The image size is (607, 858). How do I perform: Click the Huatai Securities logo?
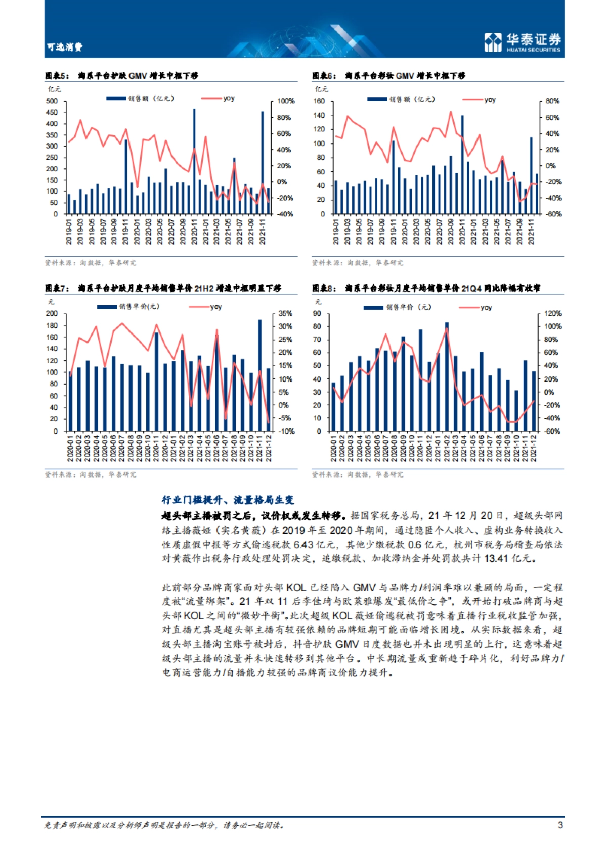523,42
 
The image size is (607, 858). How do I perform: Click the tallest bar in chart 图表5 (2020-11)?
194,162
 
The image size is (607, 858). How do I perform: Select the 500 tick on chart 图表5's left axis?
52,101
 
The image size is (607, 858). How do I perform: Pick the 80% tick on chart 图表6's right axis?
552,101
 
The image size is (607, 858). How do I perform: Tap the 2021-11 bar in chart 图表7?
259,375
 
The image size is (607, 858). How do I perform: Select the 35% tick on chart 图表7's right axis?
286,314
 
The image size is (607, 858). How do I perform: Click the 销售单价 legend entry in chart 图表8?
398,307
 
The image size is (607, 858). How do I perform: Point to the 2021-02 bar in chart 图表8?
447,376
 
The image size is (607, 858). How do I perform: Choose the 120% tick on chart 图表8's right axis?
553,314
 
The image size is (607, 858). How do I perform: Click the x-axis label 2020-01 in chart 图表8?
333,448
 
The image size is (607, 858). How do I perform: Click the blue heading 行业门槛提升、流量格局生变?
228,500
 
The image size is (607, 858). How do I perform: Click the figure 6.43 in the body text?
303,545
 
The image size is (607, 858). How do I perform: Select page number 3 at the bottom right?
560,825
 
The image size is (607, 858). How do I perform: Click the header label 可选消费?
65,47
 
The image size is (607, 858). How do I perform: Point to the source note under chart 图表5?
91,263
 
